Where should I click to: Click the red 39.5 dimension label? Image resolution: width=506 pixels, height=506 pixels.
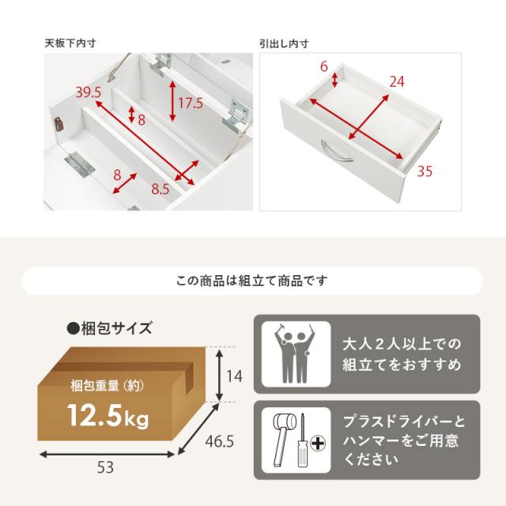click(x=89, y=93)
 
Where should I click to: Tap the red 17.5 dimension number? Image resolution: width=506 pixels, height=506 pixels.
click(x=191, y=104)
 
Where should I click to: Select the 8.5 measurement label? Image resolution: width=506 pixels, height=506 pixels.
click(x=160, y=189)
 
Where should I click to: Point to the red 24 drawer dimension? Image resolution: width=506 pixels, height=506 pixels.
click(x=397, y=81)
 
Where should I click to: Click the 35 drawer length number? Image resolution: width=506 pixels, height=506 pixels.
click(x=425, y=171)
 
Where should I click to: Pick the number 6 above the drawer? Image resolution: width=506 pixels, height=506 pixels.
click(x=323, y=66)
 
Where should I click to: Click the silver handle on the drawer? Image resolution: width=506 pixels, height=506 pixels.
click(x=337, y=151)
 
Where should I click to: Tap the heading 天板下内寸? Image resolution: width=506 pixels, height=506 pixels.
click(x=70, y=43)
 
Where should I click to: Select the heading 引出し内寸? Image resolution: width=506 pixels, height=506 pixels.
click(x=284, y=43)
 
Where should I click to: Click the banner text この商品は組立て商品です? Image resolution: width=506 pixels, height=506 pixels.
click(x=252, y=281)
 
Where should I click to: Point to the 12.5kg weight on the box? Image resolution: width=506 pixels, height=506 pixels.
click(x=108, y=417)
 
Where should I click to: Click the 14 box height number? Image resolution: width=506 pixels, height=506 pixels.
click(x=234, y=376)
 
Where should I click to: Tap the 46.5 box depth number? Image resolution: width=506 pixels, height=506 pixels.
click(x=220, y=441)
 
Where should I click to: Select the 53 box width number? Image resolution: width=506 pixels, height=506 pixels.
click(x=105, y=467)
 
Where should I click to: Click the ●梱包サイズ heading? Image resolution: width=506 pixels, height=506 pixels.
click(x=109, y=329)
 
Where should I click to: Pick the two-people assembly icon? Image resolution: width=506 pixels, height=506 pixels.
click(x=295, y=353)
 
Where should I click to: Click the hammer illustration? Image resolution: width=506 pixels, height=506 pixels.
click(x=283, y=438)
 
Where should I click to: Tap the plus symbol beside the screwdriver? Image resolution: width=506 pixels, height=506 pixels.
click(x=318, y=444)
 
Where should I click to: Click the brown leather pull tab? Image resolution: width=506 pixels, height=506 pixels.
click(x=59, y=124)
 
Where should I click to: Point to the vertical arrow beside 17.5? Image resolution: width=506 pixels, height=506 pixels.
click(x=172, y=101)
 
